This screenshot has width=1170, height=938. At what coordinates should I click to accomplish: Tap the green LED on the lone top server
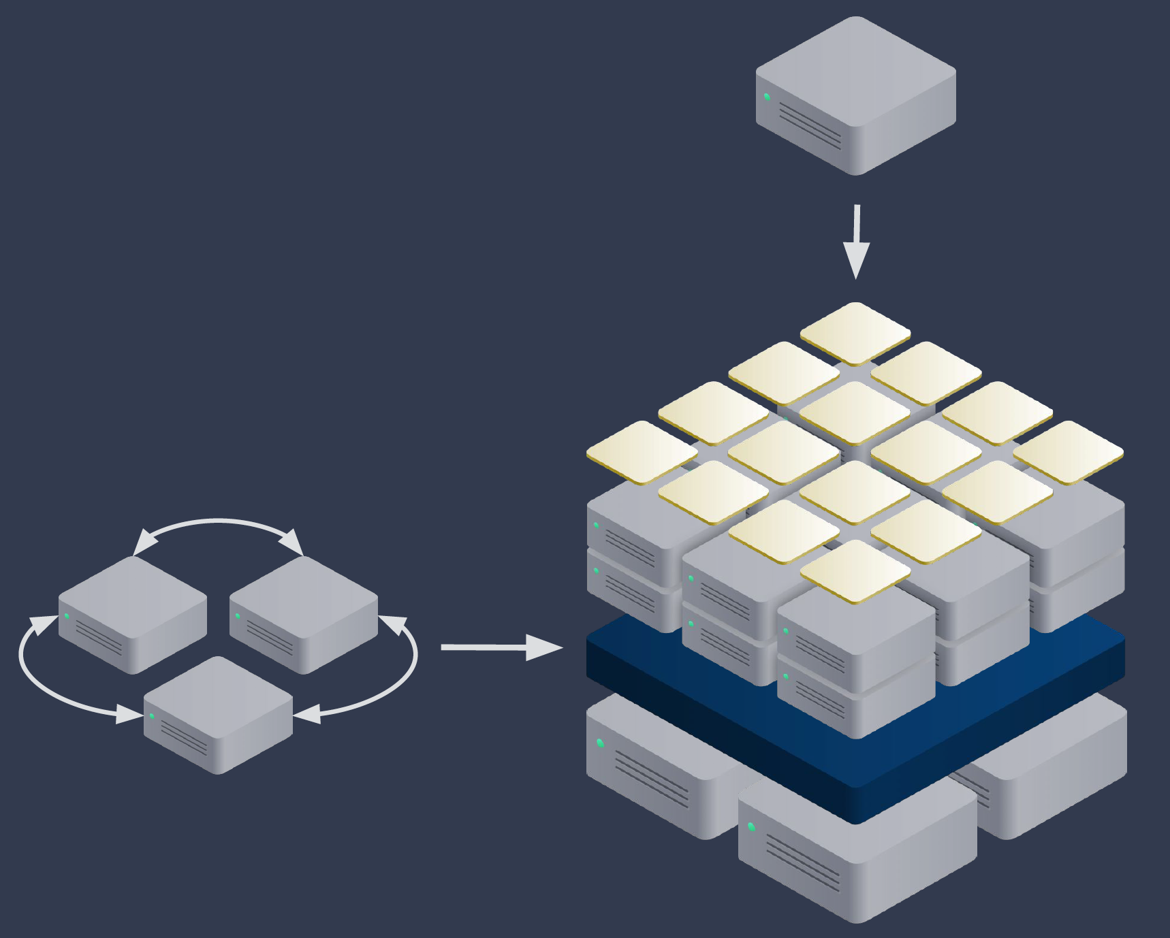coord(768,97)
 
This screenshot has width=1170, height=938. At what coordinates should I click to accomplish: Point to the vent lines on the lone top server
coord(810,126)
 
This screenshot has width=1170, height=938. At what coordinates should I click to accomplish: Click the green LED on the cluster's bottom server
coord(152,716)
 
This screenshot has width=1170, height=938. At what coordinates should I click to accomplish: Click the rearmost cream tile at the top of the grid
coord(855,332)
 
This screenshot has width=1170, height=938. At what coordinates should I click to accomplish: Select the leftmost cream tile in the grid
coord(642,451)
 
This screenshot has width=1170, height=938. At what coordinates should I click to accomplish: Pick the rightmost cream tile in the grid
coord(1068,451)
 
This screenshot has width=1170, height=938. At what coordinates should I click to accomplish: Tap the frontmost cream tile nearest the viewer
coord(855,570)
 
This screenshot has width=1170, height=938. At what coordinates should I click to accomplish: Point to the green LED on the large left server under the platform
coord(600,743)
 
